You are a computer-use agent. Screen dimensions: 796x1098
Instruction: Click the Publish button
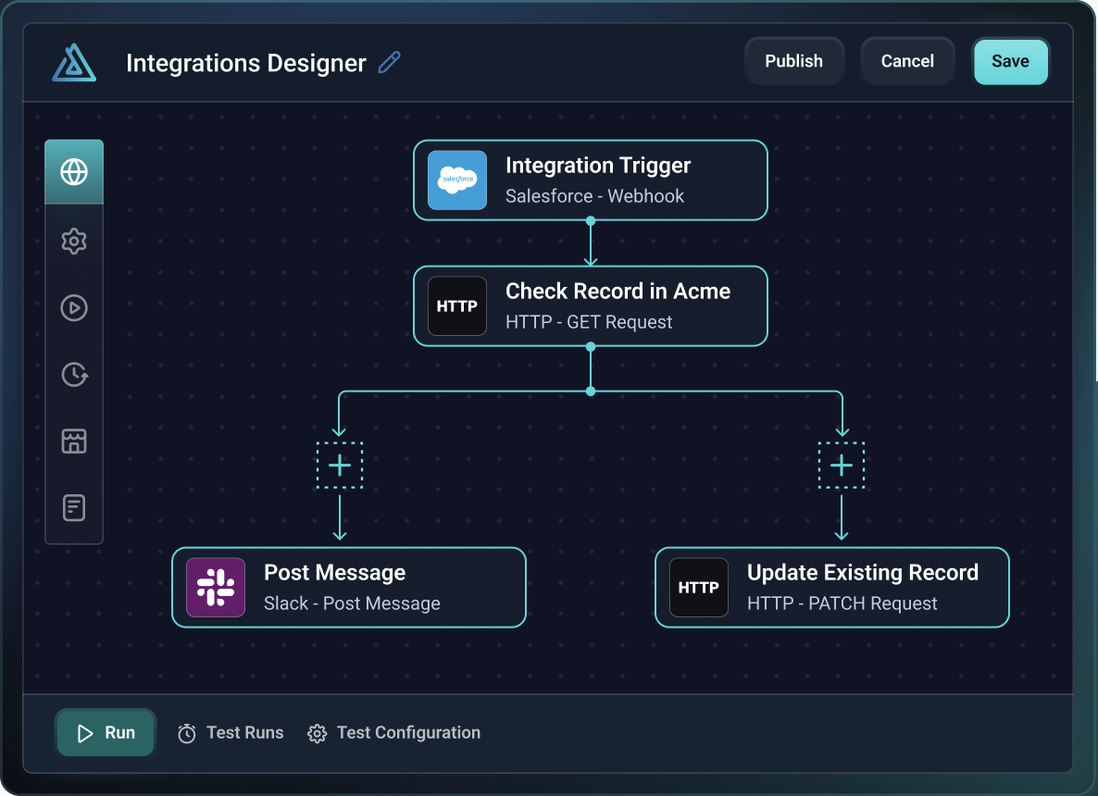tap(793, 61)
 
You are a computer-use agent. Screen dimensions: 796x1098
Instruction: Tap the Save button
tap(1010, 61)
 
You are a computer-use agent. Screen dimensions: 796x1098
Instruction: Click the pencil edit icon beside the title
tap(390, 63)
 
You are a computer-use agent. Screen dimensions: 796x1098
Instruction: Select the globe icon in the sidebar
tap(74, 172)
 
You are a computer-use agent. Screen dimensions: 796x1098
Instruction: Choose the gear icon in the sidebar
tap(74, 242)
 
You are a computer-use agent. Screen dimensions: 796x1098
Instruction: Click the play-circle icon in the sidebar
tap(74, 307)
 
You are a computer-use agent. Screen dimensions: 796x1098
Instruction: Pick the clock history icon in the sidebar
tap(74, 374)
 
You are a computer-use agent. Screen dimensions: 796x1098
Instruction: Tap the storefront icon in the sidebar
tap(74, 441)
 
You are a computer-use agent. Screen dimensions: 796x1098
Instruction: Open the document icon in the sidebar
tap(74, 507)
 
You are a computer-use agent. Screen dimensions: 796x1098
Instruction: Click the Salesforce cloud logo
tap(456, 180)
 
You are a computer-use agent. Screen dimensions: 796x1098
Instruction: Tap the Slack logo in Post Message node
tap(216, 587)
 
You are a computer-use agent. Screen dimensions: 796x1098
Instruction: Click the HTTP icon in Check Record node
tap(456, 305)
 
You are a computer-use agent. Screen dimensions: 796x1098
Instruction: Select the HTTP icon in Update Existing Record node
tap(698, 587)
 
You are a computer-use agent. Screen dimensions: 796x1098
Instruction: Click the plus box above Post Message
tap(340, 465)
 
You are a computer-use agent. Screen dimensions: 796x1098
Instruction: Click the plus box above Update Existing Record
tap(842, 465)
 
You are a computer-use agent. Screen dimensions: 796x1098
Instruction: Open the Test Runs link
tap(231, 733)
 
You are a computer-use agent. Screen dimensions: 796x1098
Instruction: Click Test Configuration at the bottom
tap(395, 733)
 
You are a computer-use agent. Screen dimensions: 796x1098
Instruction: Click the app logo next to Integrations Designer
tap(74, 63)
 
